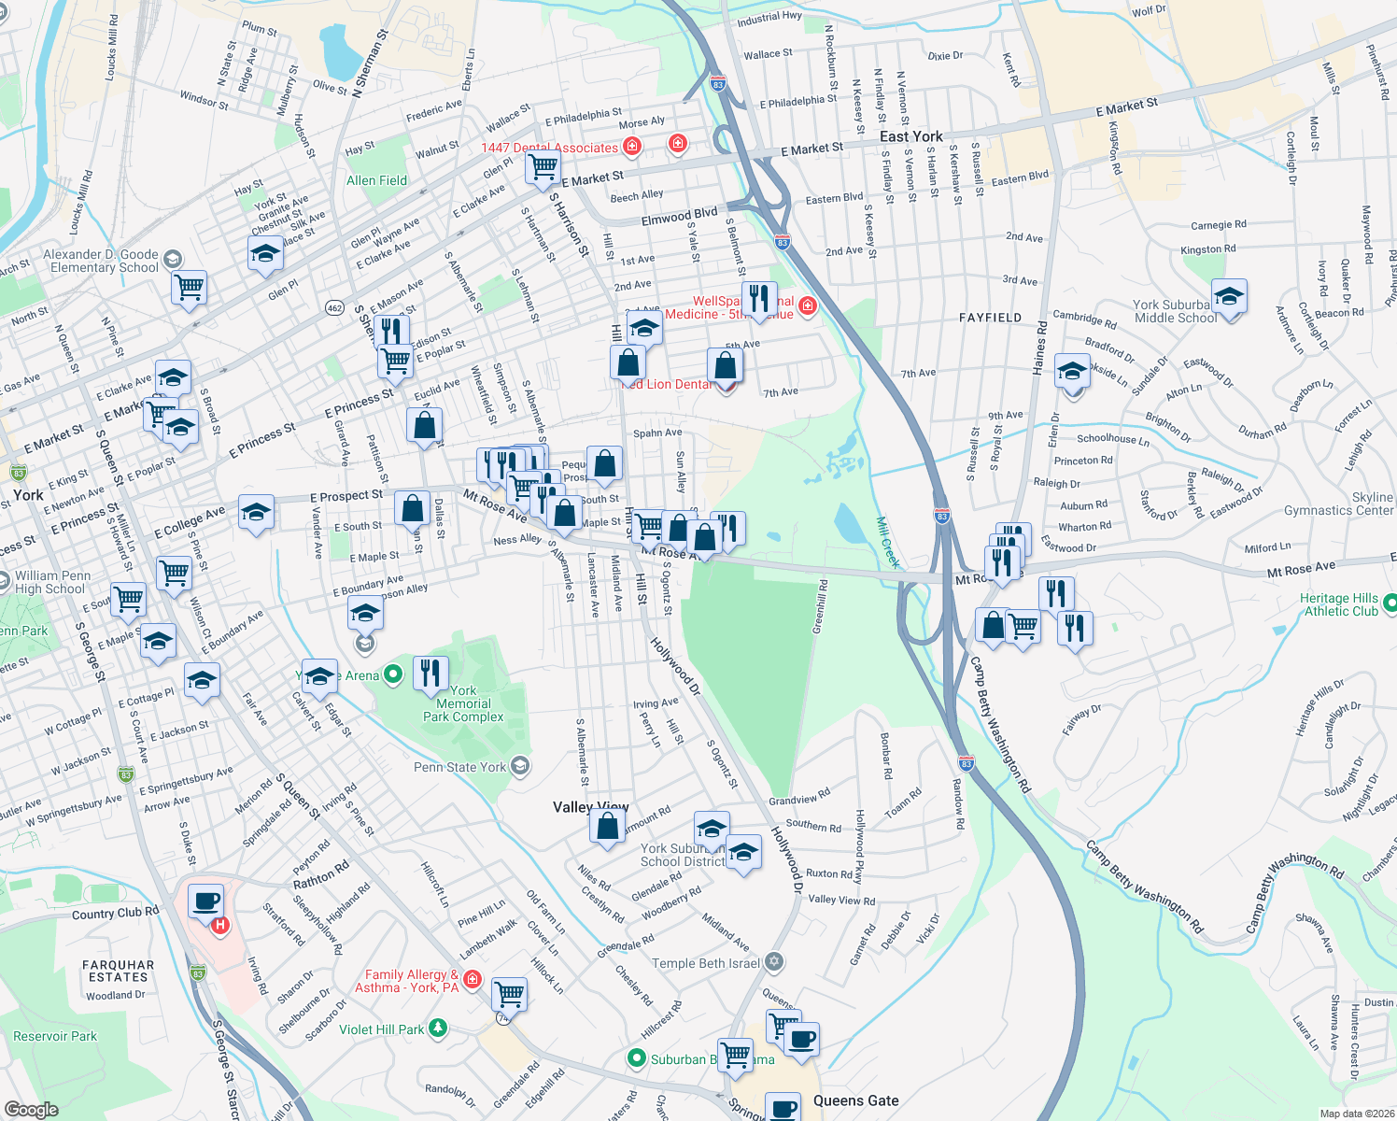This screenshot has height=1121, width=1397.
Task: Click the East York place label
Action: point(910,136)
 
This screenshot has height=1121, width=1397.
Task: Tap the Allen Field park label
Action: point(376,180)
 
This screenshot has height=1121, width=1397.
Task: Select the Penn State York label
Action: point(459,767)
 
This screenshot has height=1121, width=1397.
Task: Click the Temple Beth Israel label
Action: point(706,963)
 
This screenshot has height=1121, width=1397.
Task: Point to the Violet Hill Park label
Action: point(381,1029)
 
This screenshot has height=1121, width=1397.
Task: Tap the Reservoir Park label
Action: point(55,1036)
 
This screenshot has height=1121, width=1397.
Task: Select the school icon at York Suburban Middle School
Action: point(1229,297)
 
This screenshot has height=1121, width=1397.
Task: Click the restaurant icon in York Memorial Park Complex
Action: point(430,673)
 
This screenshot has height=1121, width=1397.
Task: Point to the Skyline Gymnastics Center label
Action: point(1338,504)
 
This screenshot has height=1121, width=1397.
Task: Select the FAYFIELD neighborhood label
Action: point(990,318)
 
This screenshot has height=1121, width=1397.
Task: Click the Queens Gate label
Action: point(855,1100)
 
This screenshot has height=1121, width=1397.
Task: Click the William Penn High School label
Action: point(52,582)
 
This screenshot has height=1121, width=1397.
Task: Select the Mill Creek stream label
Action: point(888,543)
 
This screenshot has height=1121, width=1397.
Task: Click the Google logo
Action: point(31,1109)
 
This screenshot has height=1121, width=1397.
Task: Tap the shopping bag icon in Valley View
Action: point(608,827)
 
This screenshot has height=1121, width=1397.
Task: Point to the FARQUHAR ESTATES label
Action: point(118,971)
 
